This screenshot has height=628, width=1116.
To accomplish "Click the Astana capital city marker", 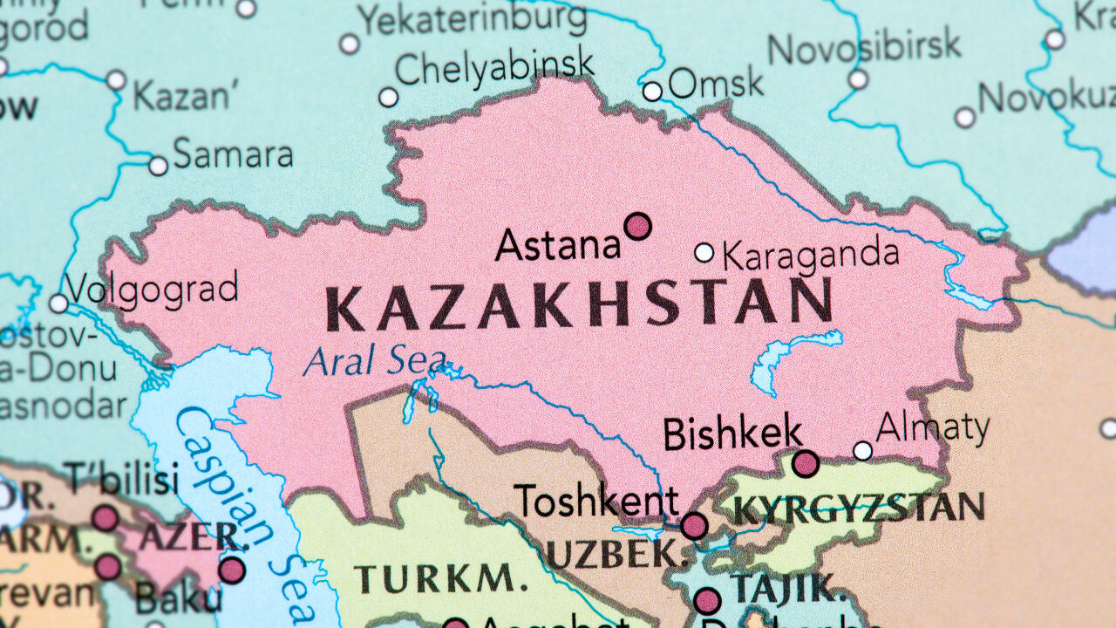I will [x=638, y=227].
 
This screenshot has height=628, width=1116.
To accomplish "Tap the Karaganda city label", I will [x=810, y=255].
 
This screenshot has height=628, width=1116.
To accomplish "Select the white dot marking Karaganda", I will [x=704, y=253].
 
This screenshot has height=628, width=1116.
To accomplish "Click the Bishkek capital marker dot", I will [x=806, y=463].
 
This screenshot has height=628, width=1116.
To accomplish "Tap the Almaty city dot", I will [x=862, y=451].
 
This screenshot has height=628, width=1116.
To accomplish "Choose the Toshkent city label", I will [x=596, y=502].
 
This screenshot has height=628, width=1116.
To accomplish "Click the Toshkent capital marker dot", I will [x=694, y=526].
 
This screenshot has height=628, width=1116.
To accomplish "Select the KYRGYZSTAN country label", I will [x=858, y=508].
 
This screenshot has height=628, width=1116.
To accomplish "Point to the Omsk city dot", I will [x=652, y=92].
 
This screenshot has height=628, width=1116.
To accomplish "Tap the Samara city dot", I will [x=158, y=166].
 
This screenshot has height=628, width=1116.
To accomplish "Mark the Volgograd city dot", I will [x=58, y=304].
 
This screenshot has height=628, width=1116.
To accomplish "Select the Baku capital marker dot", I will [x=231, y=570].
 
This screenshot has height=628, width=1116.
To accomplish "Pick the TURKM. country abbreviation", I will [x=434, y=578].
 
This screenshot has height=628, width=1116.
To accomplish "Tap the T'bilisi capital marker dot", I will [x=105, y=518].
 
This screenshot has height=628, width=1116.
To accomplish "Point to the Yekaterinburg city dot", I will [x=350, y=44].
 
